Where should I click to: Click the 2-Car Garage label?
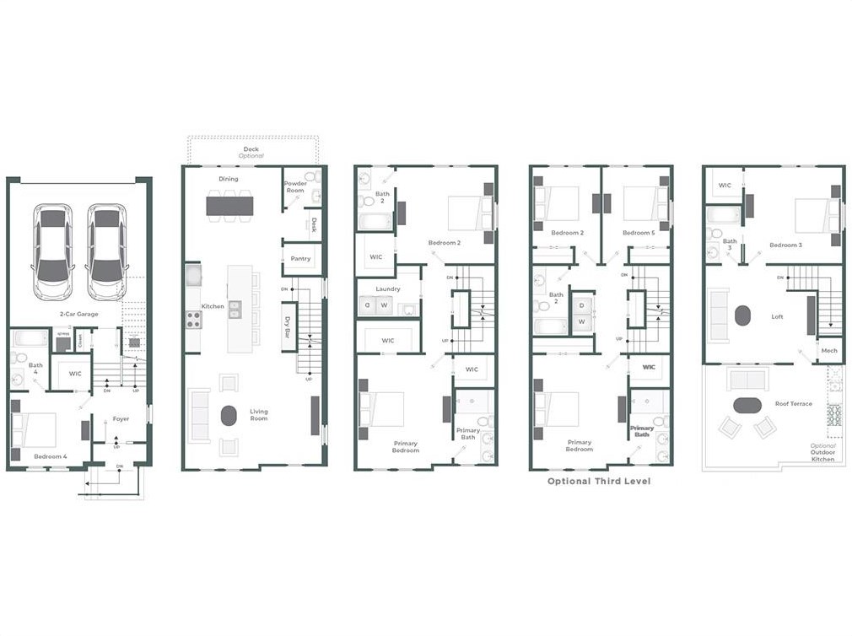tap(78, 314)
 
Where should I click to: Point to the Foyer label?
tap(121, 418)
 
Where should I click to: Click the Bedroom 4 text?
tap(50, 456)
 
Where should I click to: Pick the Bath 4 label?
tap(35, 369)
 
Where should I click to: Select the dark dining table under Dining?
tap(229, 205)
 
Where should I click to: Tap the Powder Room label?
tap(295, 186)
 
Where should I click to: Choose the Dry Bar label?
tap(288, 326)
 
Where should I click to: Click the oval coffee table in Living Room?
tap(229, 416)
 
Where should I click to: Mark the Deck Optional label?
tap(251, 153)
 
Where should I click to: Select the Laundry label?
tap(388, 289)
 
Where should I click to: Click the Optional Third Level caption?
tap(599, 482)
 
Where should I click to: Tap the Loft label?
tap(777, 317)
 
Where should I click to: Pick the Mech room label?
tap(829, 350)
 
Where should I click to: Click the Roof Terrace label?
tap(794, 404)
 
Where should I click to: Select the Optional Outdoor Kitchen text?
tap(822, 452)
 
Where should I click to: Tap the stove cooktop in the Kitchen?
tap(193, 319)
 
